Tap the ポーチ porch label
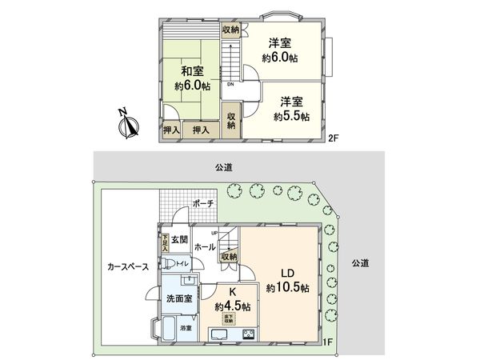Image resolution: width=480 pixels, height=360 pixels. pos(203,204)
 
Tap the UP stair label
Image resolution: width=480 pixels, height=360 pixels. pos(214,233)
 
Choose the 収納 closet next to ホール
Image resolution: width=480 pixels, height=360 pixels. pos(229,256)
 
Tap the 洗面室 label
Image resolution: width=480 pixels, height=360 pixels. pos(178,298)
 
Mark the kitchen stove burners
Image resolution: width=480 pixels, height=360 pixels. pos(248,334)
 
